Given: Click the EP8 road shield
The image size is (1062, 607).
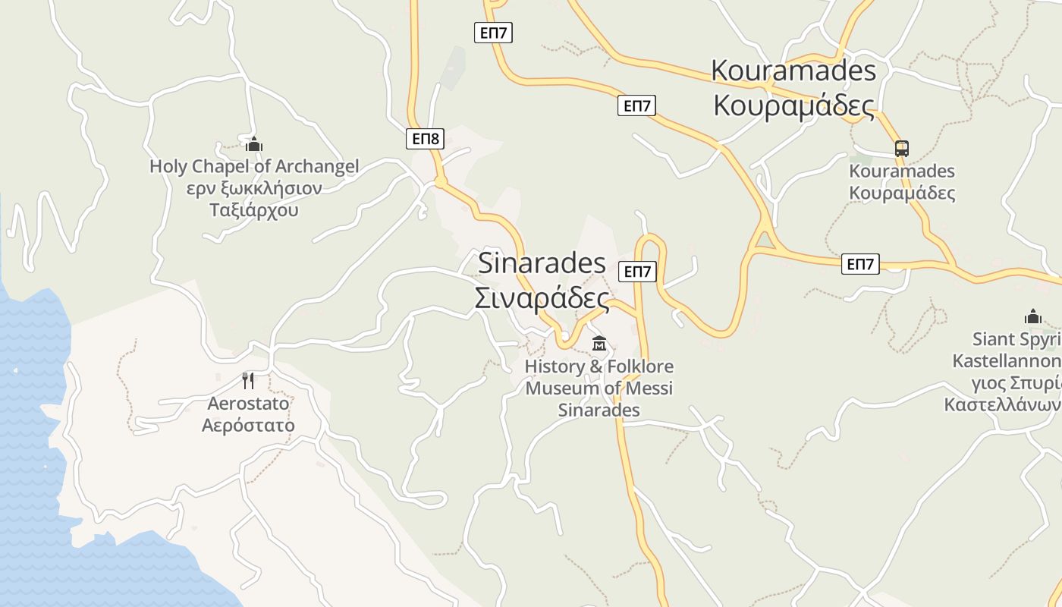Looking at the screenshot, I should click(425, 138).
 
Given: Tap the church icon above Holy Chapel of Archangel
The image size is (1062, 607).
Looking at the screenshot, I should click(254, 143).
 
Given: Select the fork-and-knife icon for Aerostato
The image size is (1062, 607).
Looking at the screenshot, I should click(248, 379).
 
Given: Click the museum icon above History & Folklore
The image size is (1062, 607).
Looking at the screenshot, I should click(599, 344).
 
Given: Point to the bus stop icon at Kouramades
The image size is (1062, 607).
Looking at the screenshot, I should click(901, 149).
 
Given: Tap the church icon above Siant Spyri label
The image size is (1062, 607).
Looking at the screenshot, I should click(1032, 316).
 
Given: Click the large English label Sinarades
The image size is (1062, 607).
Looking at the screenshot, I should click(542, 263).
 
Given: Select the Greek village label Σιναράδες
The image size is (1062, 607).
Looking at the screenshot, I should click(542, 298).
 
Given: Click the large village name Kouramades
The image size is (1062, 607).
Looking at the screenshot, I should click(793, 71).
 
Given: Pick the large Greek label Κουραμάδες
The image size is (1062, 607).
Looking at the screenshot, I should click(793, 105).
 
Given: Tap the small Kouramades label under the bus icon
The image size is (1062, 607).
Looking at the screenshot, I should click(902, 171).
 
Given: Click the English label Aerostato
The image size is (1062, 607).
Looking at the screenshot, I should click(248, 403).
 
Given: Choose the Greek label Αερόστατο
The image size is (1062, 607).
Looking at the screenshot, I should click(248, 425).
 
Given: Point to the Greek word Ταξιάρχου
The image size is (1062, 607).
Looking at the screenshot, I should click(254, 209).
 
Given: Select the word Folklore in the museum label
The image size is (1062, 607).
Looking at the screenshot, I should click(637, 367).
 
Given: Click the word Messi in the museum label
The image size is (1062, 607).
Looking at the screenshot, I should click(647, 388).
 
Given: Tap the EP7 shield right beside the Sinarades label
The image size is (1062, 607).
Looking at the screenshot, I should click(637, 272).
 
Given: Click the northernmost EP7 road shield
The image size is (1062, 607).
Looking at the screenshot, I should click(493, 33).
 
